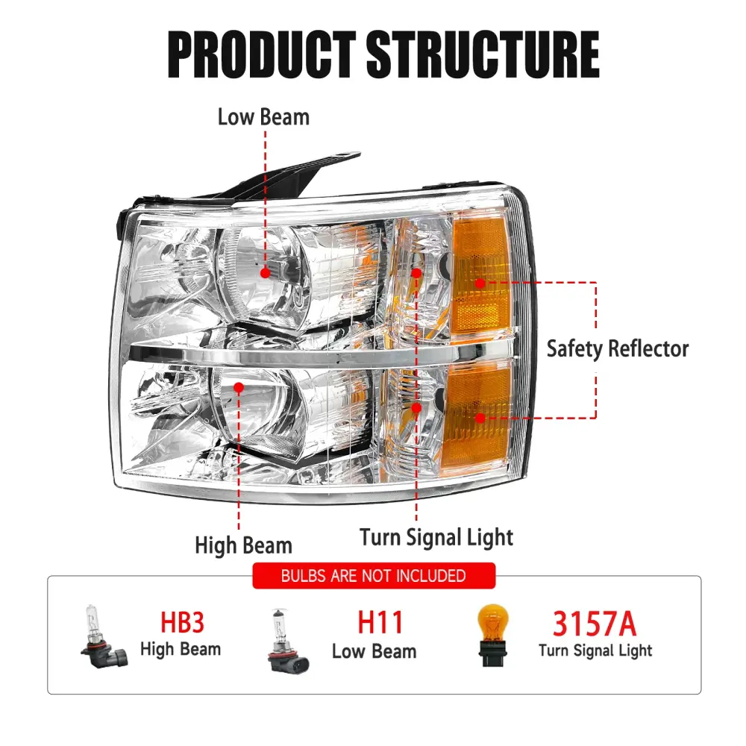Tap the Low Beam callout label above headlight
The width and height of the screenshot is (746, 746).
coord(263,117)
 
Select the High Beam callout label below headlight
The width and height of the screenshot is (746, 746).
coord(243,545)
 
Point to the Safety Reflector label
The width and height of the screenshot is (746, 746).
coord(618,348)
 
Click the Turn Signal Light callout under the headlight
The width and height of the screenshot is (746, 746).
coord(436,537)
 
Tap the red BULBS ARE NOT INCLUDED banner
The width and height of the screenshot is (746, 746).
coord(373,576)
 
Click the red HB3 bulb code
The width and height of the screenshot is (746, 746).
coord(182,624)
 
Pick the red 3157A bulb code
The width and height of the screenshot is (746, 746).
coord(595,624)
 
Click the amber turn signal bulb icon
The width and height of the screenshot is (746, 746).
coord(494,635)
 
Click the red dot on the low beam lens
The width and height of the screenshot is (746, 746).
coord(265,274)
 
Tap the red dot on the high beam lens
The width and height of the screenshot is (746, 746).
coord(239,387)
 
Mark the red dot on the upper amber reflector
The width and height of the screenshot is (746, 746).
coord(480,283)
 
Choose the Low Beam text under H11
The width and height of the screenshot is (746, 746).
coord(374,651)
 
